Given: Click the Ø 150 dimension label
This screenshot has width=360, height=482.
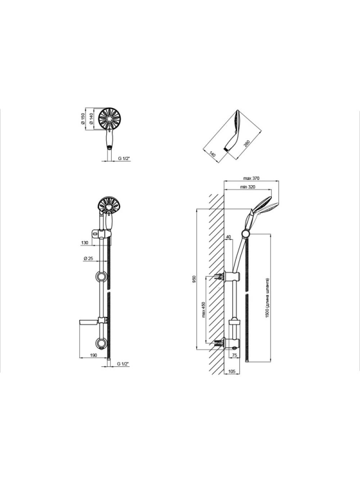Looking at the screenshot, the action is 83,119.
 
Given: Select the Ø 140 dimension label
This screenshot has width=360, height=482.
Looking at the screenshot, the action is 92,119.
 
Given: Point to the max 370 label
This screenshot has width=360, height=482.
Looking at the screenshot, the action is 251,178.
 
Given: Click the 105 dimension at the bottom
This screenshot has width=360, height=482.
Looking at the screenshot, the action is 231,371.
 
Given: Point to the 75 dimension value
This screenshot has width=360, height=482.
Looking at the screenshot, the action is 235,355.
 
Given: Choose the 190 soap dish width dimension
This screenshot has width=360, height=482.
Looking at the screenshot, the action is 94,355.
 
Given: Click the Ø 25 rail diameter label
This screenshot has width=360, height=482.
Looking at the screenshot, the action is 88,259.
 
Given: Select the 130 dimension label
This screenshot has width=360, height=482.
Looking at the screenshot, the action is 85,243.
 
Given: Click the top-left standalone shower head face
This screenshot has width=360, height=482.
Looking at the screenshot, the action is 109,119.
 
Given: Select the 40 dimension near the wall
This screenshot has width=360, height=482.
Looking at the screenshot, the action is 228,237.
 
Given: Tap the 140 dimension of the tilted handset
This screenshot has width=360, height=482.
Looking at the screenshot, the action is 212,153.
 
